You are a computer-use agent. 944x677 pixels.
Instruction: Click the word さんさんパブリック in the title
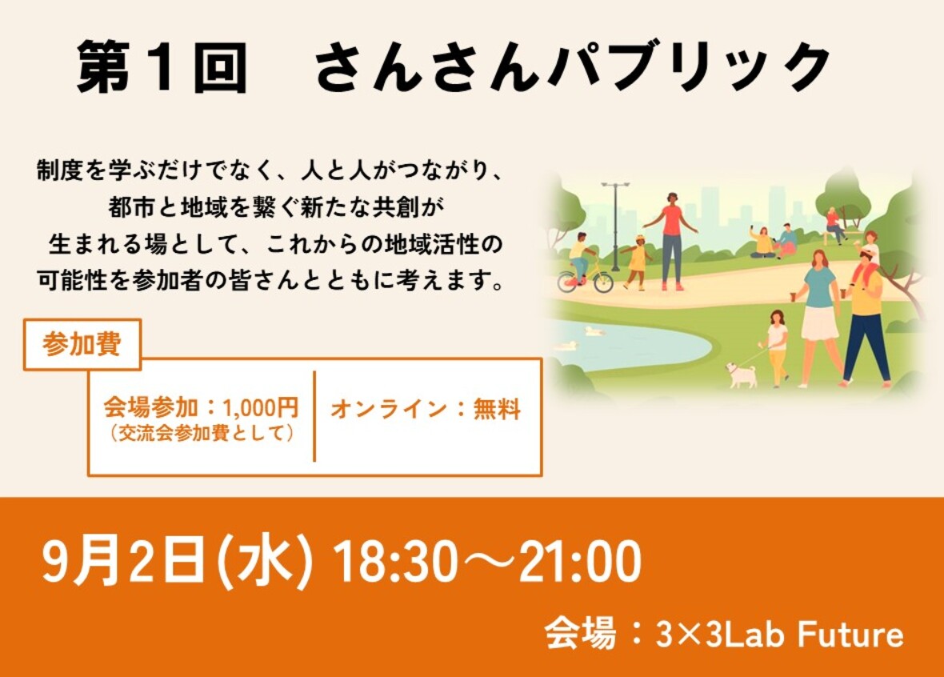pyautogui.click(x=573, y=67)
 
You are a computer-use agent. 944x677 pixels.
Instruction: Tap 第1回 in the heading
pyautogui.click(x=162, y=67)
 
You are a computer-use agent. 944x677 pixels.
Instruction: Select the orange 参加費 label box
pyautogui.click(x=82, y=345)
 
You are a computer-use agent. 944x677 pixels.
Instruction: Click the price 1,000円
pyautogui.click(x=260, y=408)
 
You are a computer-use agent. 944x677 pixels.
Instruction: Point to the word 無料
pyautogui.click(x=497, y=409)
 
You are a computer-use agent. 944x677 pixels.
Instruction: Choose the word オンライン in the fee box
pyautogui.click(x=389, y=409)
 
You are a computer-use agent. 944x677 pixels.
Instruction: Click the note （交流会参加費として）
pyautogui.click(x=202, y=433)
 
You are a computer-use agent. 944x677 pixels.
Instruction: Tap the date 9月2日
pyautogui.click(x=122, y=561)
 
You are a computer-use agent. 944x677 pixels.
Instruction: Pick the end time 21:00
pyautogui.click(x=579, y=561)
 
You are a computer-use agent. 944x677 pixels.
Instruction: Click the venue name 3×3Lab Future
pyautogui.click(x=780, y=635)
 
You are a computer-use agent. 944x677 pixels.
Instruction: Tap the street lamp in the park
pyautogui.click(x=614, y=226)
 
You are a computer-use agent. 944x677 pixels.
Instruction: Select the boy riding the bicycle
pyautogui.click(x=580, y=256)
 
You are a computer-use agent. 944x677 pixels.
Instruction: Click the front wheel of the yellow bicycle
pyautogui.click(x=602, y=282)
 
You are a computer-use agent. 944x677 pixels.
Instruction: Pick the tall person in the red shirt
pyautogui.click(x=671, y=241)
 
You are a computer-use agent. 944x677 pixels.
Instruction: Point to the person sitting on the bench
pyautogui.click(x=834, y=225)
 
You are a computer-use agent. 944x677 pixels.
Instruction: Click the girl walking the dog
pyautogui.click(x=776, y=347)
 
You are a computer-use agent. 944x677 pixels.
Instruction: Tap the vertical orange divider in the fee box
pyautogui.click(x=314, y=416)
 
